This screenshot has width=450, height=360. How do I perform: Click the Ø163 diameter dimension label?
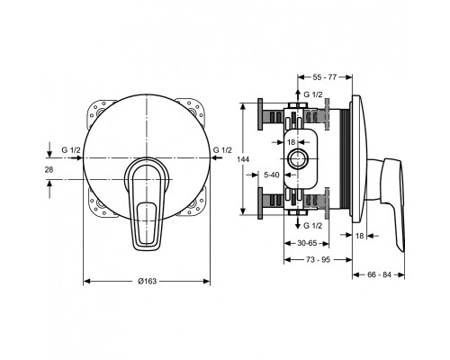(147, 281)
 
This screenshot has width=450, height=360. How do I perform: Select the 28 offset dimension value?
(49, 169)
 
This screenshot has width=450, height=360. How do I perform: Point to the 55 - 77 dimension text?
(325, 77)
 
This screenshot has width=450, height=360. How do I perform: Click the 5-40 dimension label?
(272, 175)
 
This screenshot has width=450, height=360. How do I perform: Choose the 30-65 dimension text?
(307, 243)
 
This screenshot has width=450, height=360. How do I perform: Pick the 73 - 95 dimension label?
(318, 259)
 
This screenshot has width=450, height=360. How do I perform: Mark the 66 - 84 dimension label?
(379, 274)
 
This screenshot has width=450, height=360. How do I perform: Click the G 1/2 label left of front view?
(71, 150)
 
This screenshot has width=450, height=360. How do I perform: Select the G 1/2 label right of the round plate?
(222, 149)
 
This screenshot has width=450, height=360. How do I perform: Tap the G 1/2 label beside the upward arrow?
(313, 94)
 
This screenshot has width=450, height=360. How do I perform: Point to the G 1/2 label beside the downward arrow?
(313, 226)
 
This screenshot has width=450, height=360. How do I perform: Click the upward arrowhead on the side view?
(298, 92)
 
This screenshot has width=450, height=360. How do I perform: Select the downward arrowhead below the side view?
(298, 227)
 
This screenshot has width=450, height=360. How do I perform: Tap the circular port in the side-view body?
(297, 158)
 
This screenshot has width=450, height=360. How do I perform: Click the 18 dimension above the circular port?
(292, 142)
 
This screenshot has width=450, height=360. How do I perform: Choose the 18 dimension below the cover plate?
(359, 236)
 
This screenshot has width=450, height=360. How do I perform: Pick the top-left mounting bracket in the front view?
(99, 112)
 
